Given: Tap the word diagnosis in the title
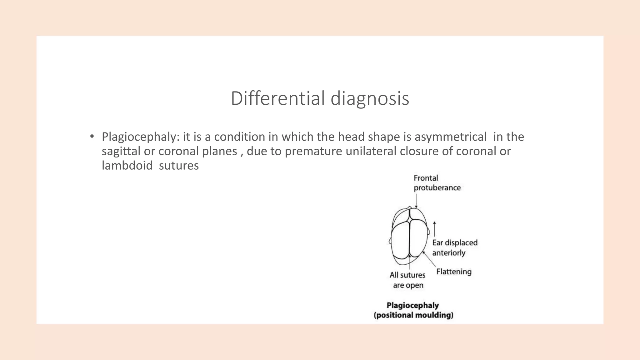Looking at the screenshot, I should point(370,98).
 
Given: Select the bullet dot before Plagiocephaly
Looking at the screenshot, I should point(92,136).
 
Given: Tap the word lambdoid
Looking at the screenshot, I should point(127,166).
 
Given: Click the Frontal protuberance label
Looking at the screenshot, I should point(437,183).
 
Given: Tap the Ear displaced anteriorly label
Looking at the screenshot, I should point(455,247).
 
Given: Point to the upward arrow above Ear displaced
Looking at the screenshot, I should point(434,228).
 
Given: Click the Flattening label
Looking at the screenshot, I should point(454,272).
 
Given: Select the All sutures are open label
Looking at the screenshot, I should point(408,280).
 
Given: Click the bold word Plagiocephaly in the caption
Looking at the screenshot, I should point(413,305).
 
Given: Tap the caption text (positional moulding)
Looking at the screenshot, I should point(413,315).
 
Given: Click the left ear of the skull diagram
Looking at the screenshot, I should point(390,241).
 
